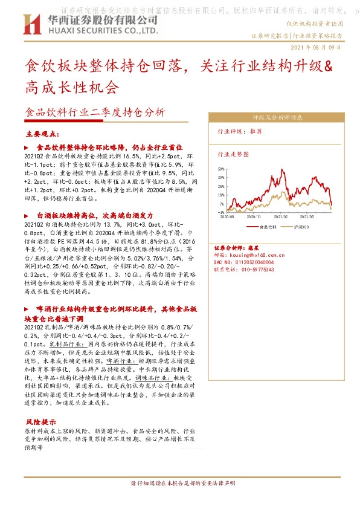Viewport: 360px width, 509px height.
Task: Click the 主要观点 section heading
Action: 41,134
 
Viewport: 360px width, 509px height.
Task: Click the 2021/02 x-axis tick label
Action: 281,216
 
